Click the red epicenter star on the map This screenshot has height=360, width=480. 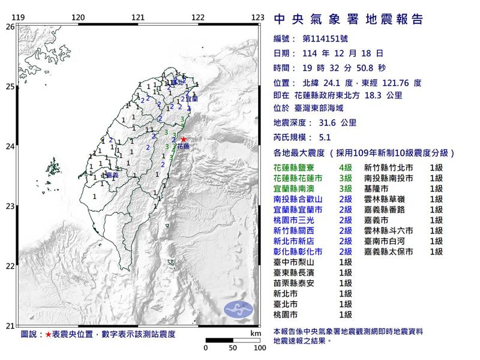183,139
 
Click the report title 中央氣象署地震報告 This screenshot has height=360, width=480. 348,19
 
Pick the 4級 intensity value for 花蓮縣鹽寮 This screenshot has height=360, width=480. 345,169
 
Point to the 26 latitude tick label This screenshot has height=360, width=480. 10,27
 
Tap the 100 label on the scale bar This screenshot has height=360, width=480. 259,347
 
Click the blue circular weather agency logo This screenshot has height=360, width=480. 239,310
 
